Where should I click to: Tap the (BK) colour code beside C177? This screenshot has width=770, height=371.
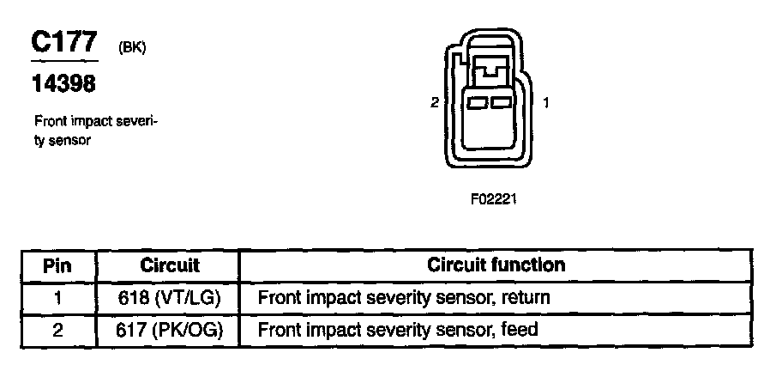pyautogui.click(x=132, y=48)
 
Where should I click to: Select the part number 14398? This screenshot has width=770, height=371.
pyautogui.click(x=63, y=84)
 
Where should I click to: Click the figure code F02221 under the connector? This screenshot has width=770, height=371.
pyautogui.click(x=494, y=198)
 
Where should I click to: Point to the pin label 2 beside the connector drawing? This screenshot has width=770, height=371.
pyautogui.click(x=435, y=103)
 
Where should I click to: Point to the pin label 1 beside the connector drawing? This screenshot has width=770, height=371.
pyautogui.click(x=547, y=103)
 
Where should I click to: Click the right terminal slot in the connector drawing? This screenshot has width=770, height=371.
pyautogui.click(x=502, y=103)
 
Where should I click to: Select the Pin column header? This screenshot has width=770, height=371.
pyautogui.click(x=57, y=265)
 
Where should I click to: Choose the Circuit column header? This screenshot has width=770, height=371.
pyautogui.click(x=169, y=265)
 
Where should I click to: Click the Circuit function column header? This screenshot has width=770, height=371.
pyautogui.click(x=496, y=265)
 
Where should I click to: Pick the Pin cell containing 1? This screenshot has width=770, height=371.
pyautogui.click(x=57, y=298)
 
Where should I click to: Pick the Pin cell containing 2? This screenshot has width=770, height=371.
pyautogui.click(x=57, y=330)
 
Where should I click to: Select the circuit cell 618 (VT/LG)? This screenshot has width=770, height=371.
pyautogui.click(x=169, y=298)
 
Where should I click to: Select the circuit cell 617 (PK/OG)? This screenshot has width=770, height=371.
pyautogui.click(x=169, y=330)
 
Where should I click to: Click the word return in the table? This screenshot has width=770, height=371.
pyautogui.click(x=524, y=298)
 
